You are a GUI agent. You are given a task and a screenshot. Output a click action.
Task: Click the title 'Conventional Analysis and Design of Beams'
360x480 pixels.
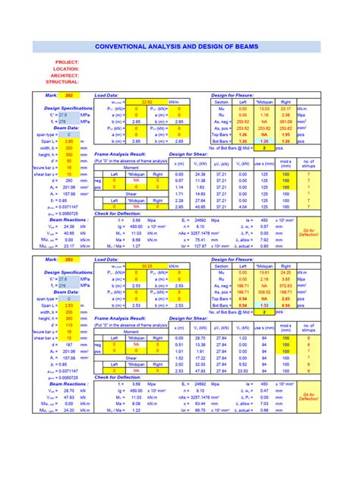179,47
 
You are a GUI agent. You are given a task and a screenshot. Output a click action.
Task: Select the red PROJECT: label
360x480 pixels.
67,62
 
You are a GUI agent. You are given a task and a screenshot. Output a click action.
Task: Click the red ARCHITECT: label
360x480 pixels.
65,75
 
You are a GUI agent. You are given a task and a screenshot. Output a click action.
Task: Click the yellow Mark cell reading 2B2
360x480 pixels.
68,96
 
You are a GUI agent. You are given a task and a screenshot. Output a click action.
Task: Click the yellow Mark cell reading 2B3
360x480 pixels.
68,260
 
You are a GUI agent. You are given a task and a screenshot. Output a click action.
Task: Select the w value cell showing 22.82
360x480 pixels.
147,102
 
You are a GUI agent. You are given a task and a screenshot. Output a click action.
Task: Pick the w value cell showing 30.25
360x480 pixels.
147,266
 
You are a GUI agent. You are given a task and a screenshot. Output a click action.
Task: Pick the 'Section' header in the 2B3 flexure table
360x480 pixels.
221,266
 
